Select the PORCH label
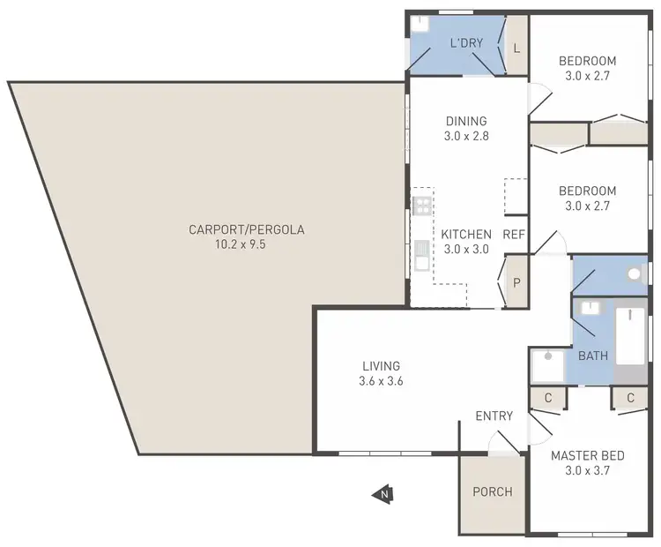[492, 491]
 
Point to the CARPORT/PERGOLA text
[246, 230]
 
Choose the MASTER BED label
[587, 456]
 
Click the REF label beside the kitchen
[514, 235]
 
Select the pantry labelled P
[516, 282]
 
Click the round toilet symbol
[633, 274]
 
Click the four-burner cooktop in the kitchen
[422, 206]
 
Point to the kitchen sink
[422, 257]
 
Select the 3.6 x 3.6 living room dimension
[381, 381]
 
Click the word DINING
[465, 122]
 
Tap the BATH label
[592, 356]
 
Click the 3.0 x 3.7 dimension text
[587, 471]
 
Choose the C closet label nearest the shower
[548, 398]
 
